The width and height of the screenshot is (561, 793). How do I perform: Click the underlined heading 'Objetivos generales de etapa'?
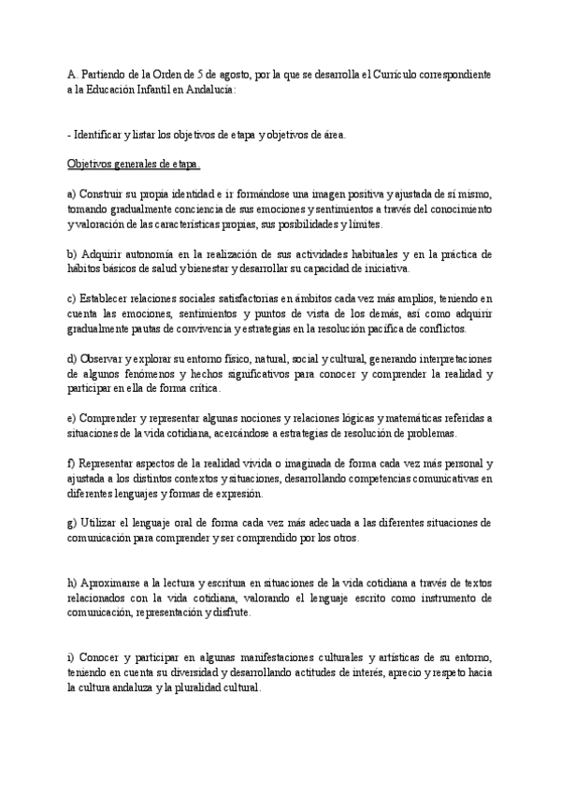[x=134, y=165]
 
